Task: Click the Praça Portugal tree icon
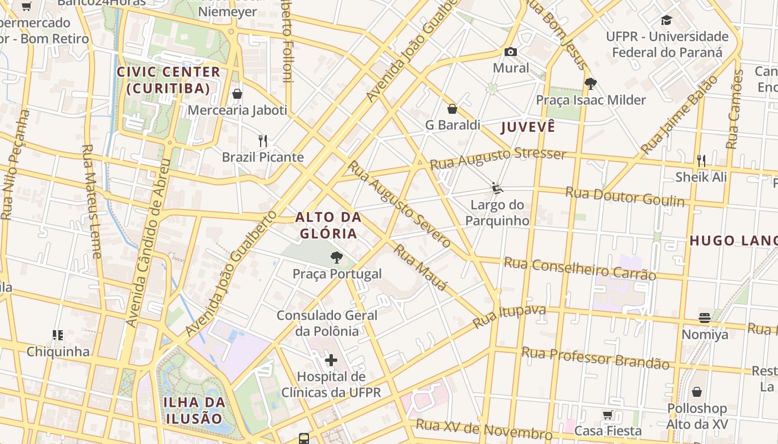click(336, 257)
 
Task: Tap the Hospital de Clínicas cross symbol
click(331, 361)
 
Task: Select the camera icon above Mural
click(511, 52)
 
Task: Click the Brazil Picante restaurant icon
click(263, 140)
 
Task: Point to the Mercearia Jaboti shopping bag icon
click(237, 94)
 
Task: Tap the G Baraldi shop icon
click(452, 108)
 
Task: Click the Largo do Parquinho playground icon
click(497, 189)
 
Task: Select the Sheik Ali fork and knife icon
click(701, 161)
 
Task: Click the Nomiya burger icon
click(705, 318)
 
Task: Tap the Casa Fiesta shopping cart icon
click(608, 415)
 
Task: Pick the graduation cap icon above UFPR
click(666, 21)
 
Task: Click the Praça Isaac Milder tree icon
click(590, 84)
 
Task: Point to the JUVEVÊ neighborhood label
click(528, 127)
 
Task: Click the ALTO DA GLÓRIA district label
click(328, 225)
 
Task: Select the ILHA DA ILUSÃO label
click(194, 410)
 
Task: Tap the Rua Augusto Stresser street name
click(498, 158)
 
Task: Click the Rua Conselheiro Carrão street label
click(580, 268)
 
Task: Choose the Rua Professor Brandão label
click(595, 357)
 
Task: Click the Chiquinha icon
click(58, 335)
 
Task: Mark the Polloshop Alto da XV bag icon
click(697, 392)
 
